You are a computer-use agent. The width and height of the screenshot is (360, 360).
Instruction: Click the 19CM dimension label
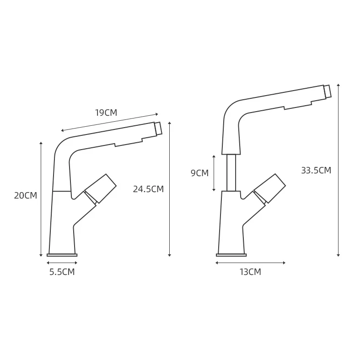tap(106, 113)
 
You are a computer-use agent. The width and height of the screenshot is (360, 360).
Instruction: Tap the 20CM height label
tap(25, 196)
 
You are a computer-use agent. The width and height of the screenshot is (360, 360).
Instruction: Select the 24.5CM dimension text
tap(148, 189)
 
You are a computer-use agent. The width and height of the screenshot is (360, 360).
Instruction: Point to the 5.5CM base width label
tap(62, 272)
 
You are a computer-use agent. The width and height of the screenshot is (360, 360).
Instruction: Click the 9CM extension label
tap(199, 173)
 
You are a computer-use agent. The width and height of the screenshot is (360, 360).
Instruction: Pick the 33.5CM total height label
tap(316, 171)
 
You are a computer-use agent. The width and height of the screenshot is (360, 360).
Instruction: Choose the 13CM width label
tap(250, 272)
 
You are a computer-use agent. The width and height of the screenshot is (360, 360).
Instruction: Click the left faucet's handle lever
tap(101, 188)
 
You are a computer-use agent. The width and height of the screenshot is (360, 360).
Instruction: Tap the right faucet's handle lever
tap(270, 188)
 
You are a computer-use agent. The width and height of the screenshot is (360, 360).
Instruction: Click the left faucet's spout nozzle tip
tap(158, 129)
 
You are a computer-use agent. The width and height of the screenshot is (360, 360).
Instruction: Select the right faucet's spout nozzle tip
tap(327, 91)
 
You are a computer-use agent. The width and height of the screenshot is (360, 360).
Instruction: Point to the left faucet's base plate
tap(62, 255)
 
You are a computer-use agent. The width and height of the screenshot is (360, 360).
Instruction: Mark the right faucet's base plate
tap(231, 255)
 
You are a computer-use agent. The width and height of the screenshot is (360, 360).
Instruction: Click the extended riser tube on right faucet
tap(231, 172)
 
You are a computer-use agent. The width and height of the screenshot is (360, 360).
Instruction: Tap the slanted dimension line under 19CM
tap(110, 122)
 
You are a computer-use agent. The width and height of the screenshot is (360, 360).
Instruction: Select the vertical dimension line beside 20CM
tap(41, 199)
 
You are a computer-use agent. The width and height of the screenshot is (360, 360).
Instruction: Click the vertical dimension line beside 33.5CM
tap(338, 170)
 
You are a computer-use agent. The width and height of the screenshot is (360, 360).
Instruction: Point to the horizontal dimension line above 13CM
tap(250, 263)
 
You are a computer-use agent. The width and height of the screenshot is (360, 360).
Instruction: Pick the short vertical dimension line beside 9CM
tap(214, 173)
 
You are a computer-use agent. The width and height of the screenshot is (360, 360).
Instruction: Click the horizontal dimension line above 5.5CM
tap(62, 263)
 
